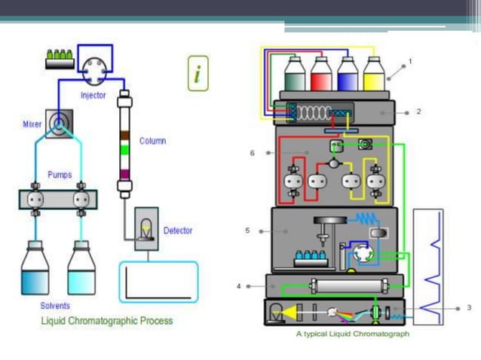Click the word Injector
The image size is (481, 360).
click(x=93, y=96)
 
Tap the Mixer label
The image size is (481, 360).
click(x=32, y=123)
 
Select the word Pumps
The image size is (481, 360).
click(x=60, y=175)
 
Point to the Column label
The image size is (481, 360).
click(x=152, y=141)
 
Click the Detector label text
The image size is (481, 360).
click(x=178, y=230)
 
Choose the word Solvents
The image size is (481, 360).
click(x=56, y=306)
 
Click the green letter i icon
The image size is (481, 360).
click(x=198, y=74)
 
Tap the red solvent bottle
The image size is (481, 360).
click(x=321, y=75)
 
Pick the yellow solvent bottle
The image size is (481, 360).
click(x=374, y=75)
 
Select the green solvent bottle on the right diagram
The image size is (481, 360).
click(x=296, y=75)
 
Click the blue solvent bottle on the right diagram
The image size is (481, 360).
click(x=348, y=75)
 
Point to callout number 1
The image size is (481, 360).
click(x=410, y=60)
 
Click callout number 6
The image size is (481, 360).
click(x=253, y=153)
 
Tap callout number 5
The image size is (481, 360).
click(x=247, y=230)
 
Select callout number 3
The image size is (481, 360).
click(x=469, y=307)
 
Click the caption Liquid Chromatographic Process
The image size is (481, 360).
click(x=106, y=321)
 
